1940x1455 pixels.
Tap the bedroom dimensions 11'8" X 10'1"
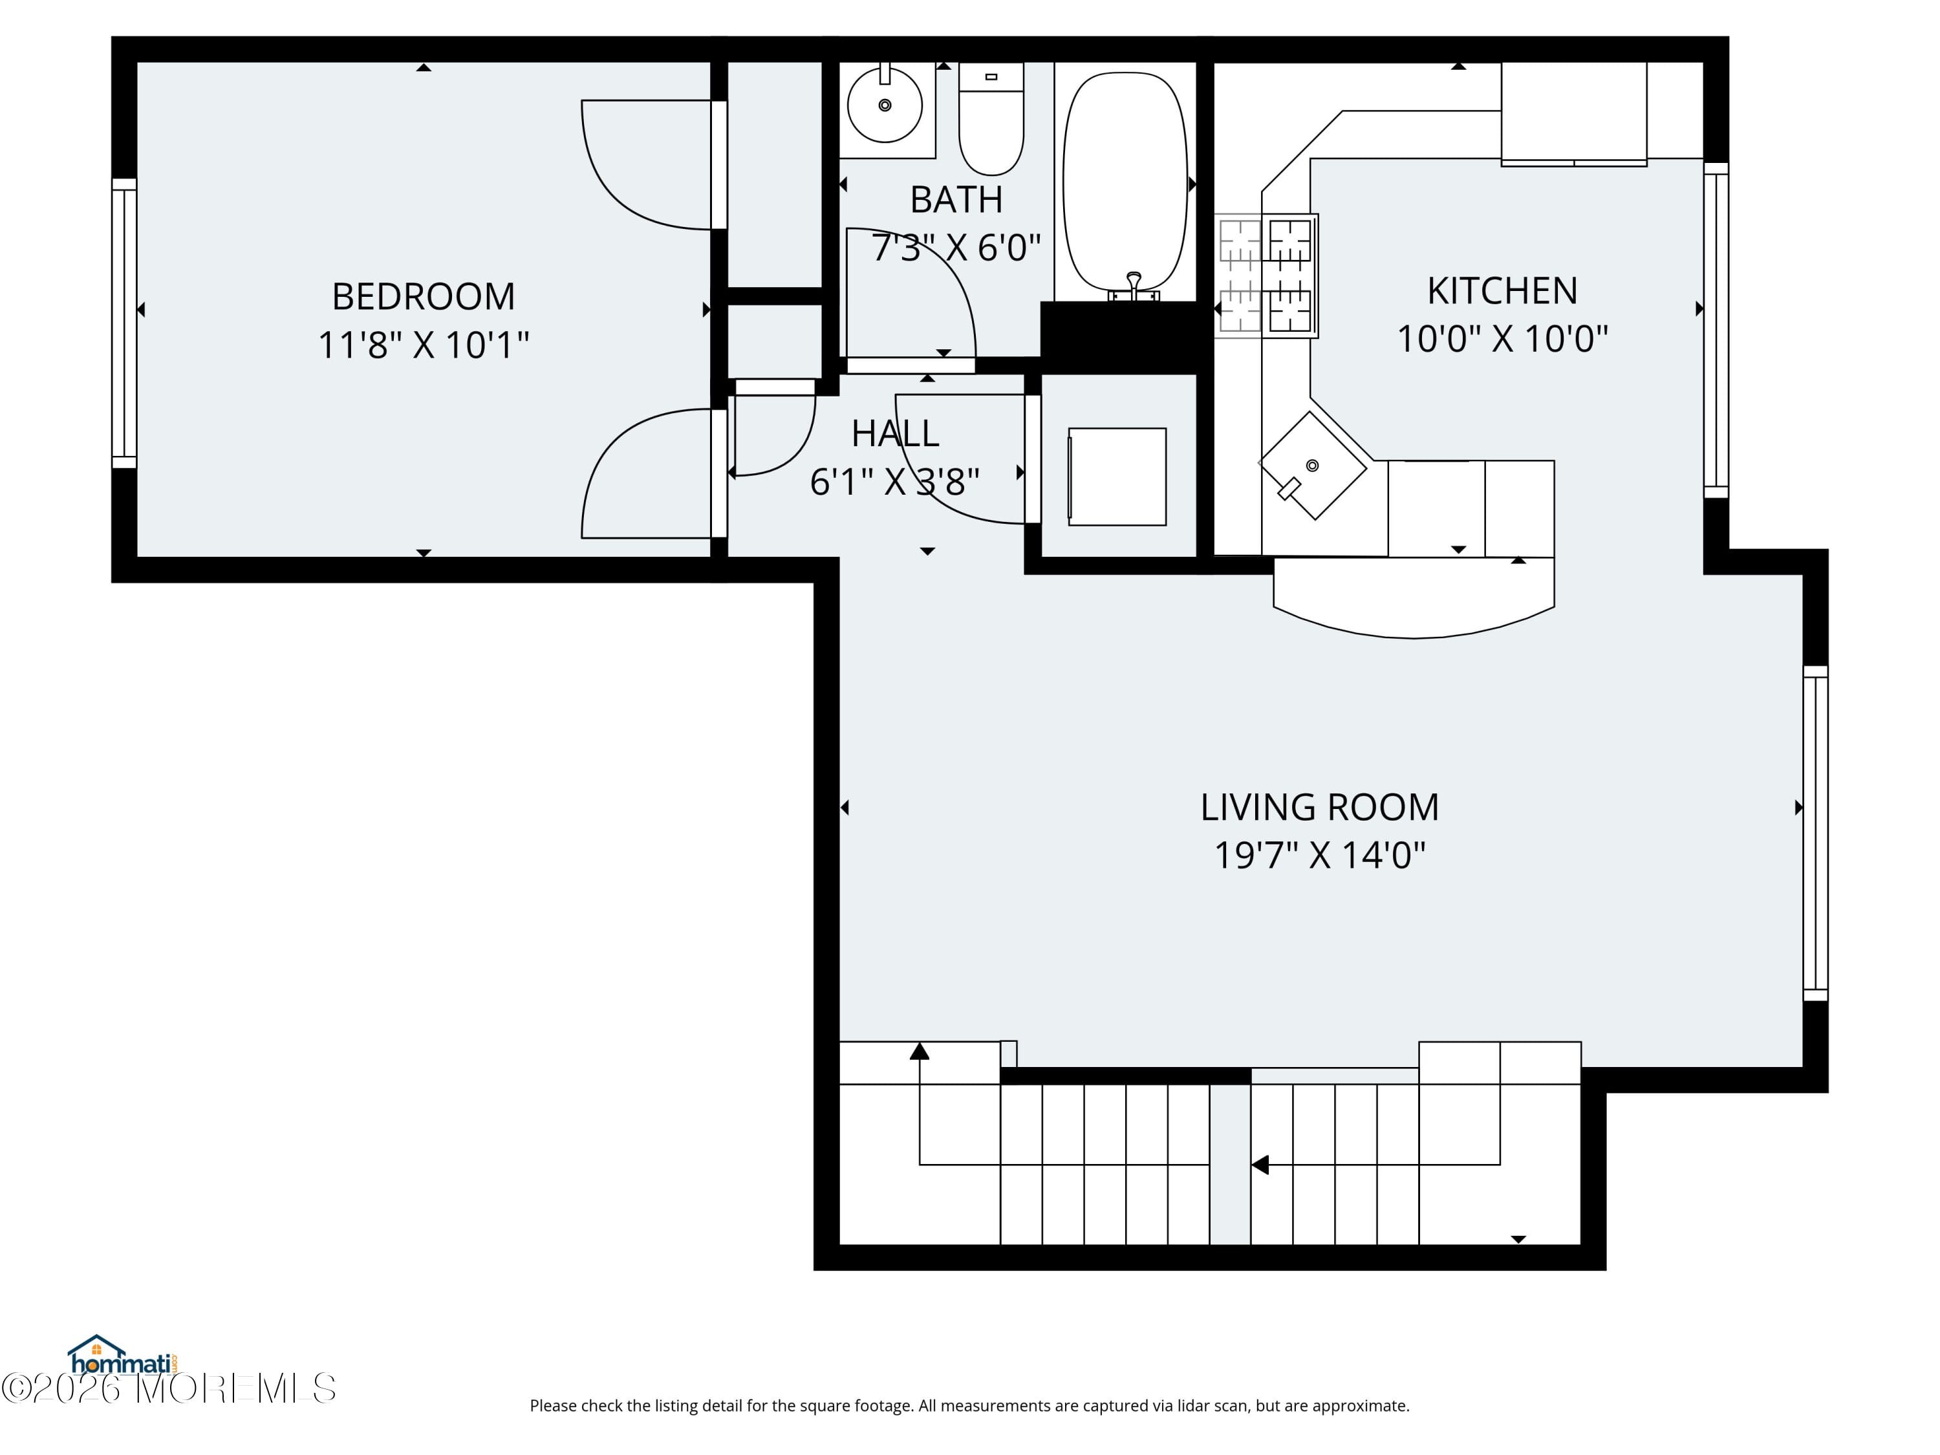(423, 345)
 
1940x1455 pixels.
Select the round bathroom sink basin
(884, 105)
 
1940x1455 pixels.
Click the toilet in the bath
(991, 123)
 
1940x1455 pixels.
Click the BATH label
(956, 200)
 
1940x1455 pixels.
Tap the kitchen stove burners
(1266, 275)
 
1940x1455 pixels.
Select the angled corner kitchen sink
(1312, 466)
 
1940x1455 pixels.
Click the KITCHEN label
(1502, 291)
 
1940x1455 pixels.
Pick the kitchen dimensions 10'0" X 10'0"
(1502, 339)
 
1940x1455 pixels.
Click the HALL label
(894, 433)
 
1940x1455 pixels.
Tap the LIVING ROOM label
(1319, 807)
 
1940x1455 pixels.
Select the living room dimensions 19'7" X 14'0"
(1319, 855)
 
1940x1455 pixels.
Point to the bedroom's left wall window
(125, 323)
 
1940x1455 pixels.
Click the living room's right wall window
(1815, 833)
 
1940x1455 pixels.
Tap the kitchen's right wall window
(1716, 330)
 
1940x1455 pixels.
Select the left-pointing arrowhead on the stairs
(1260, 1165)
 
